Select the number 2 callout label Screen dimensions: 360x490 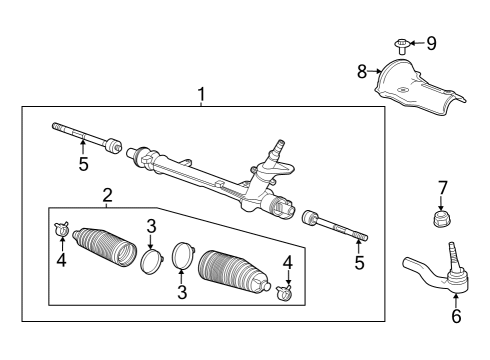[106, 194]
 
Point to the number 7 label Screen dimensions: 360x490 [442, 187]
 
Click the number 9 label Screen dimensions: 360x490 [431, 43]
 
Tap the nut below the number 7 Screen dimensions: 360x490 [441, 219]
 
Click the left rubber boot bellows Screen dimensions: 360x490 [105, 245]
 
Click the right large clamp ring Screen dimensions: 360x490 [183, 256]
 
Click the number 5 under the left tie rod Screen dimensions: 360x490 [84, 164]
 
